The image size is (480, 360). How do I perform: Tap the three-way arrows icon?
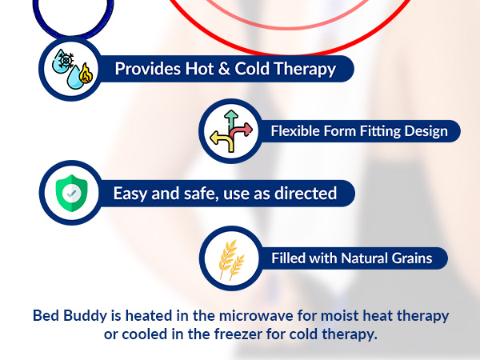(230, 130)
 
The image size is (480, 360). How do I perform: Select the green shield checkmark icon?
(70, 193)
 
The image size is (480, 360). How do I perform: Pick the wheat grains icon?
(230, 258)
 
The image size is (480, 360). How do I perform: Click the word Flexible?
(294, 130)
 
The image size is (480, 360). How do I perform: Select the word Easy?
(130, 193)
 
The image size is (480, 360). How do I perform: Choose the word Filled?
(286, 258)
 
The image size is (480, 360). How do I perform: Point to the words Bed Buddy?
(69, 315)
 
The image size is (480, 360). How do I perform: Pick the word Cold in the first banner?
(238, 69)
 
